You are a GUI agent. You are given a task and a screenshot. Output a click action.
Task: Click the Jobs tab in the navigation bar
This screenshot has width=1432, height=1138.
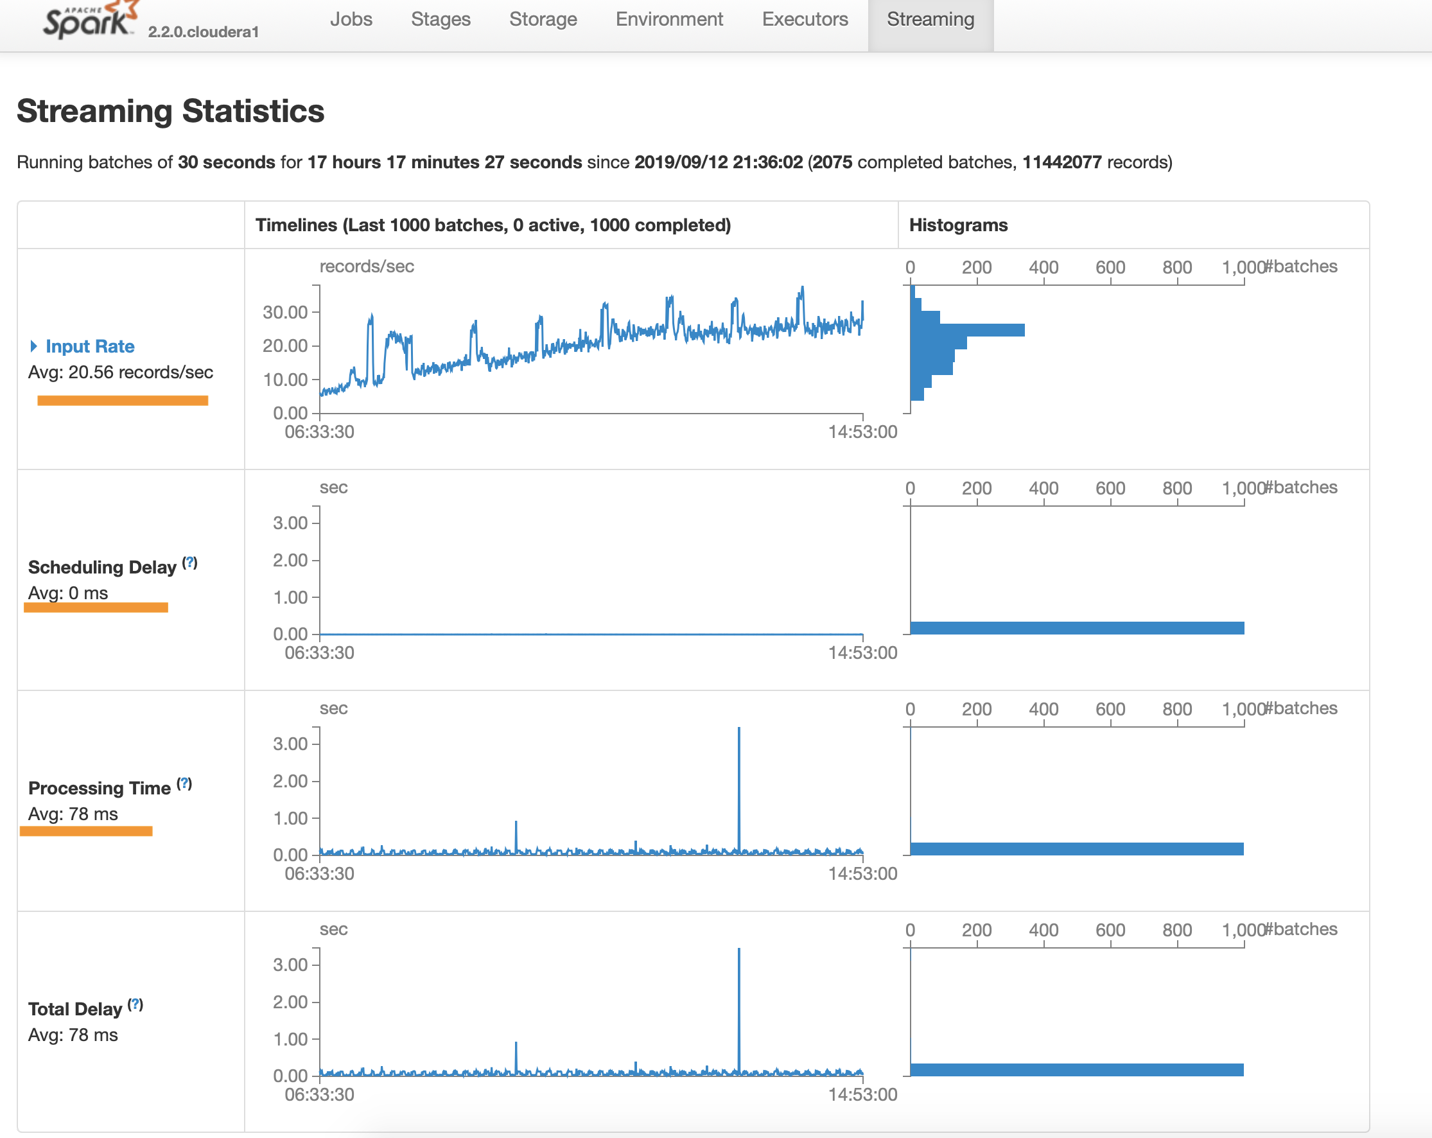(x=351, y=19)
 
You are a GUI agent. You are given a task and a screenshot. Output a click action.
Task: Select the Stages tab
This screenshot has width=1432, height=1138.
(x=441, y=19)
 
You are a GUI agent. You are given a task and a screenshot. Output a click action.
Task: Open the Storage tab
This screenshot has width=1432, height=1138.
(x=543, y=19)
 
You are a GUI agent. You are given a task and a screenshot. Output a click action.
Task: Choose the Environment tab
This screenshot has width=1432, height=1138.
(x=669, y=19)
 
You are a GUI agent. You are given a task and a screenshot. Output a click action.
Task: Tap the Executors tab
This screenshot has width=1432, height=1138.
(x=805, y=19)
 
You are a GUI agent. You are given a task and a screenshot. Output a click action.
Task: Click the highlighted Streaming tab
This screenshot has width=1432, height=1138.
(x=930, y=19)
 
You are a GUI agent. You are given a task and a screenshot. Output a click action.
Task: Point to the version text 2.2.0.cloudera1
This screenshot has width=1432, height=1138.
(x=204, y=32)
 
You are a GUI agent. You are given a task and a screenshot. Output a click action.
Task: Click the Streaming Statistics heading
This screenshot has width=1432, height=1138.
(x=170, y=111)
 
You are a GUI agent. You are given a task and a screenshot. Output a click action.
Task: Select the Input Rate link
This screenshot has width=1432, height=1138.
(x=90, y=346)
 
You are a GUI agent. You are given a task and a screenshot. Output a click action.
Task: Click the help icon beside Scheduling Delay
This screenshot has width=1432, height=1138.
(x=190, y=563)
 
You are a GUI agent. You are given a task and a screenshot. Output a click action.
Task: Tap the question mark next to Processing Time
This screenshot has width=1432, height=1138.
(x=185, y=784)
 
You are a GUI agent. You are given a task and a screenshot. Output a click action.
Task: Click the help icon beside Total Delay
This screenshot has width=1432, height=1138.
(x=135, y=1004)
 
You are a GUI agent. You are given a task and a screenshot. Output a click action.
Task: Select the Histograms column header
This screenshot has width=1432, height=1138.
(x=957, y=225)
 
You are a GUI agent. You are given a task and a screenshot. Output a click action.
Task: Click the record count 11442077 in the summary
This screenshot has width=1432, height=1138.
(x=1061, y=162)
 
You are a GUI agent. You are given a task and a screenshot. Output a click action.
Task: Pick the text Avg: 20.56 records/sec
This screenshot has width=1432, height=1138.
(x=120, y=372)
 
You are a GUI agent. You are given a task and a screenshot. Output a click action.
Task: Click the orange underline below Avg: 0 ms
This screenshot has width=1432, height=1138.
(x=96, y=607)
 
